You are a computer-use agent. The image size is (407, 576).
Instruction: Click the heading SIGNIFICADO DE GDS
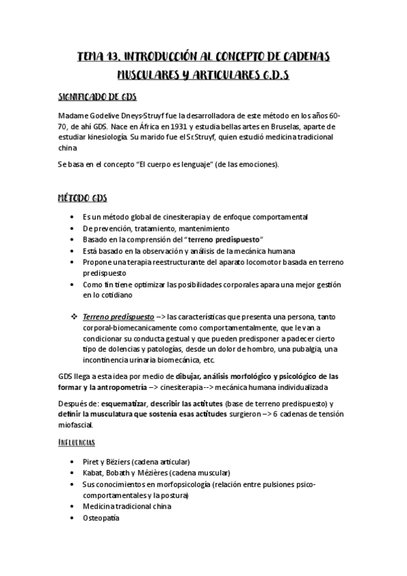97,96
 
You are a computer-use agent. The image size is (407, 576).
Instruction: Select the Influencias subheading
75,442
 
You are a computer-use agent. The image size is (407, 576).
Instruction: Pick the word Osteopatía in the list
101,518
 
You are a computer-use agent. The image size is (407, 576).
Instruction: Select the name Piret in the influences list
92,461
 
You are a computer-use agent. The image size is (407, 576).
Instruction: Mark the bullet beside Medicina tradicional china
73,506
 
